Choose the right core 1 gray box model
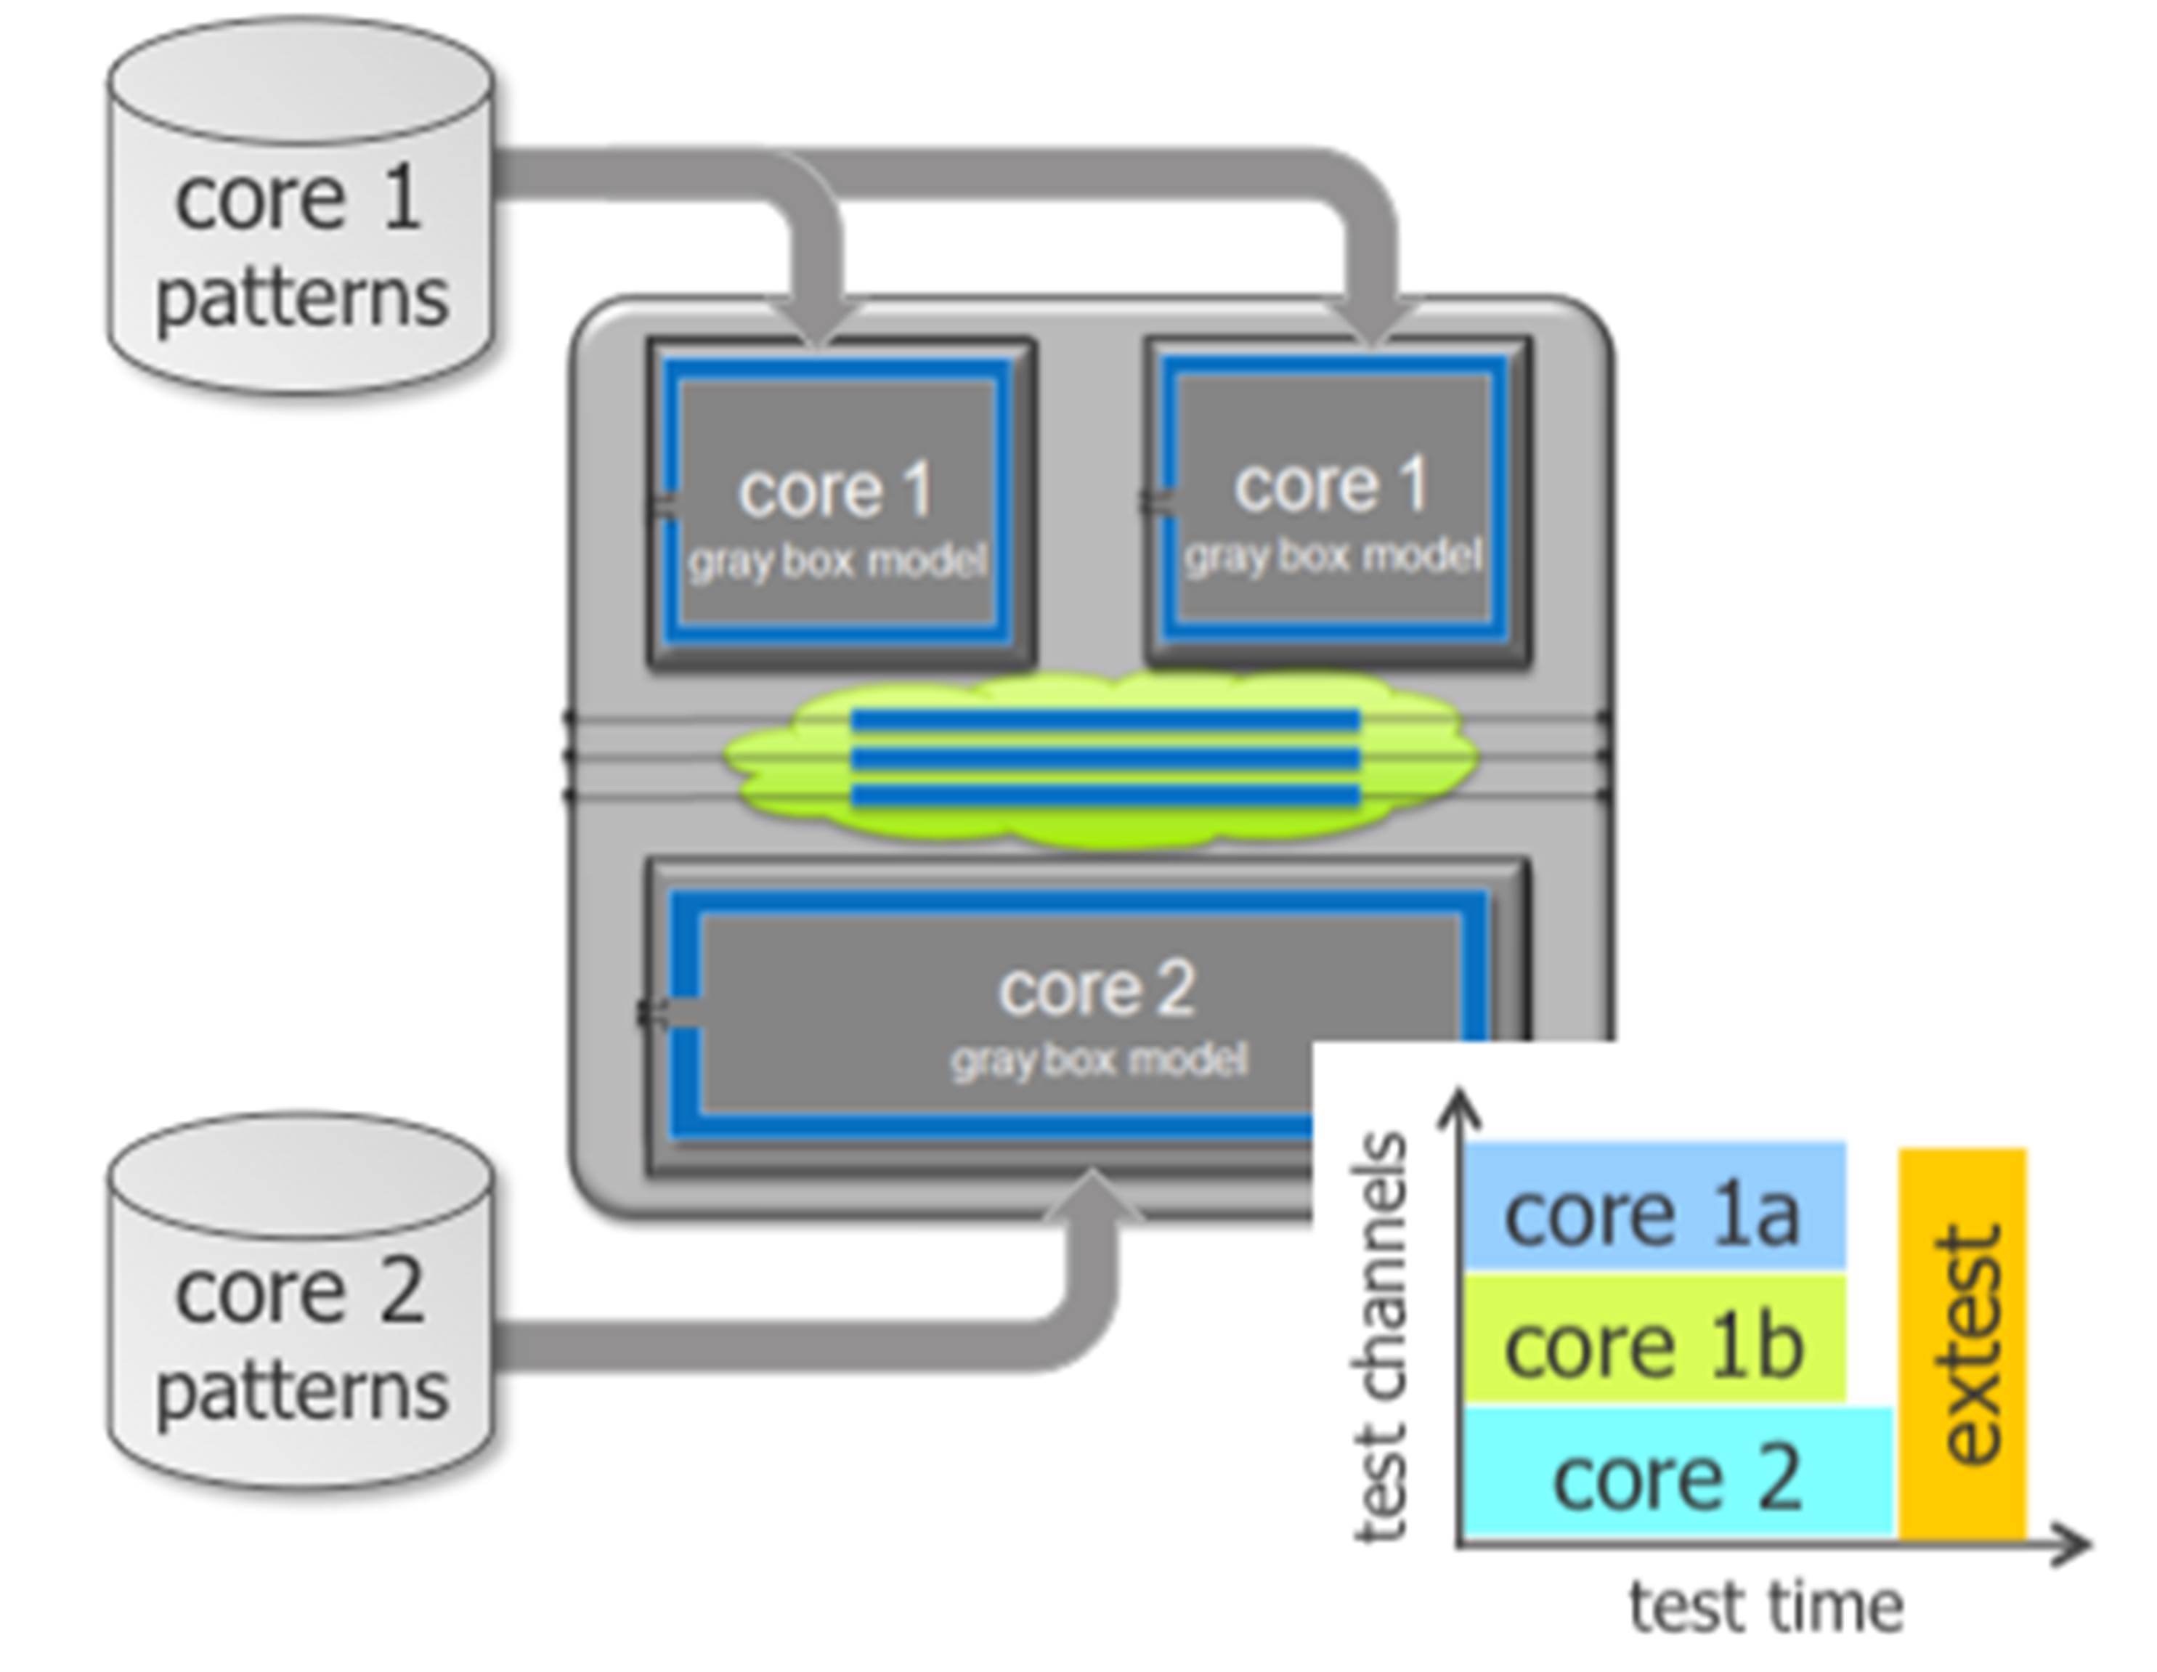coord(1333,502)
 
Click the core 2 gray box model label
coord(1098,1060)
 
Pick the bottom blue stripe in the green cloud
coord(1106,796)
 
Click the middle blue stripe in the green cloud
coord(1106,758)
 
